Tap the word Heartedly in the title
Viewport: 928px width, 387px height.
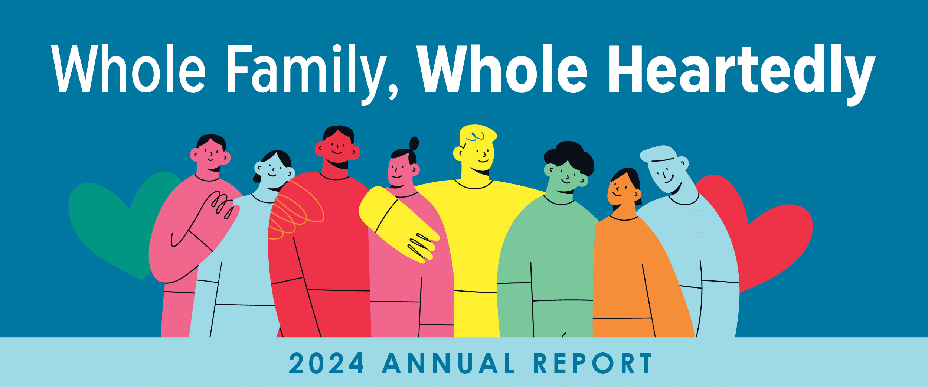741,74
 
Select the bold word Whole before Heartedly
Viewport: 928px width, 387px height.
502,69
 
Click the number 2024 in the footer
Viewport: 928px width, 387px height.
326,363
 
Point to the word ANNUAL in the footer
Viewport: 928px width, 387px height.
449,363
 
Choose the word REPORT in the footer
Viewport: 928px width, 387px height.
593,363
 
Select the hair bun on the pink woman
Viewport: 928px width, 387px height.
414,143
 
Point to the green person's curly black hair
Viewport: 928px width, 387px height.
569,158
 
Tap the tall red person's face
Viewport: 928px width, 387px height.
337,149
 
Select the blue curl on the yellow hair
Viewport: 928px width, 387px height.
476,137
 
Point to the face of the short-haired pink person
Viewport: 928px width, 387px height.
210,154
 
